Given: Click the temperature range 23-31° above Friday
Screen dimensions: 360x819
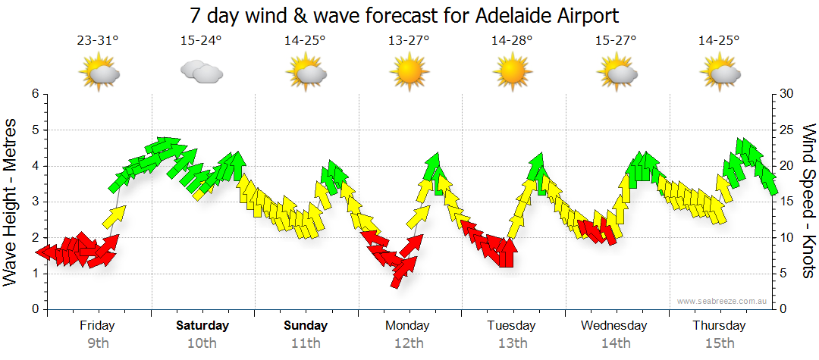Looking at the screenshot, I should point(98,41).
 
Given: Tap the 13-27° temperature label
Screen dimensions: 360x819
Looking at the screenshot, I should point(409,41).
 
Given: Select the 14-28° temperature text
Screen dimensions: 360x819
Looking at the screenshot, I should point(512,41).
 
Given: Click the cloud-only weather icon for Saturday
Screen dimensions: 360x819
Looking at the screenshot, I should point(202,72).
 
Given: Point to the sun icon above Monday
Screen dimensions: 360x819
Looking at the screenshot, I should point(409,73).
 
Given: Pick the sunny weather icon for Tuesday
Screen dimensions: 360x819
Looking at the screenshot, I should point(512,73).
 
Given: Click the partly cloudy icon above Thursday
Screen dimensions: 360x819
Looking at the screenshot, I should point(720,74).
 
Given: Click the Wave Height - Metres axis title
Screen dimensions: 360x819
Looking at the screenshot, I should point(12,202).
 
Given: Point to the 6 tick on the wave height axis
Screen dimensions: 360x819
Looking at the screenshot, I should point(34,94).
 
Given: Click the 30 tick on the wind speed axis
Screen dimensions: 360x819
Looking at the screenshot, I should point(786,94).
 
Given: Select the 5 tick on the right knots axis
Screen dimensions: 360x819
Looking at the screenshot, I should point(783,274).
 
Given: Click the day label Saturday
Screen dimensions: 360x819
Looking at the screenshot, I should point(202,326).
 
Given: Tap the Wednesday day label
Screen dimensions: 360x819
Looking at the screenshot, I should point(614,326).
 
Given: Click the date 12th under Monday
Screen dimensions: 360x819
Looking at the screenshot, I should point(409,343).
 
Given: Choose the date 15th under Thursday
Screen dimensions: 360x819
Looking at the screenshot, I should point(719,343).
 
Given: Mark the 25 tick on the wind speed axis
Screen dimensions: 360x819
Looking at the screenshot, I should point(786,130).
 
